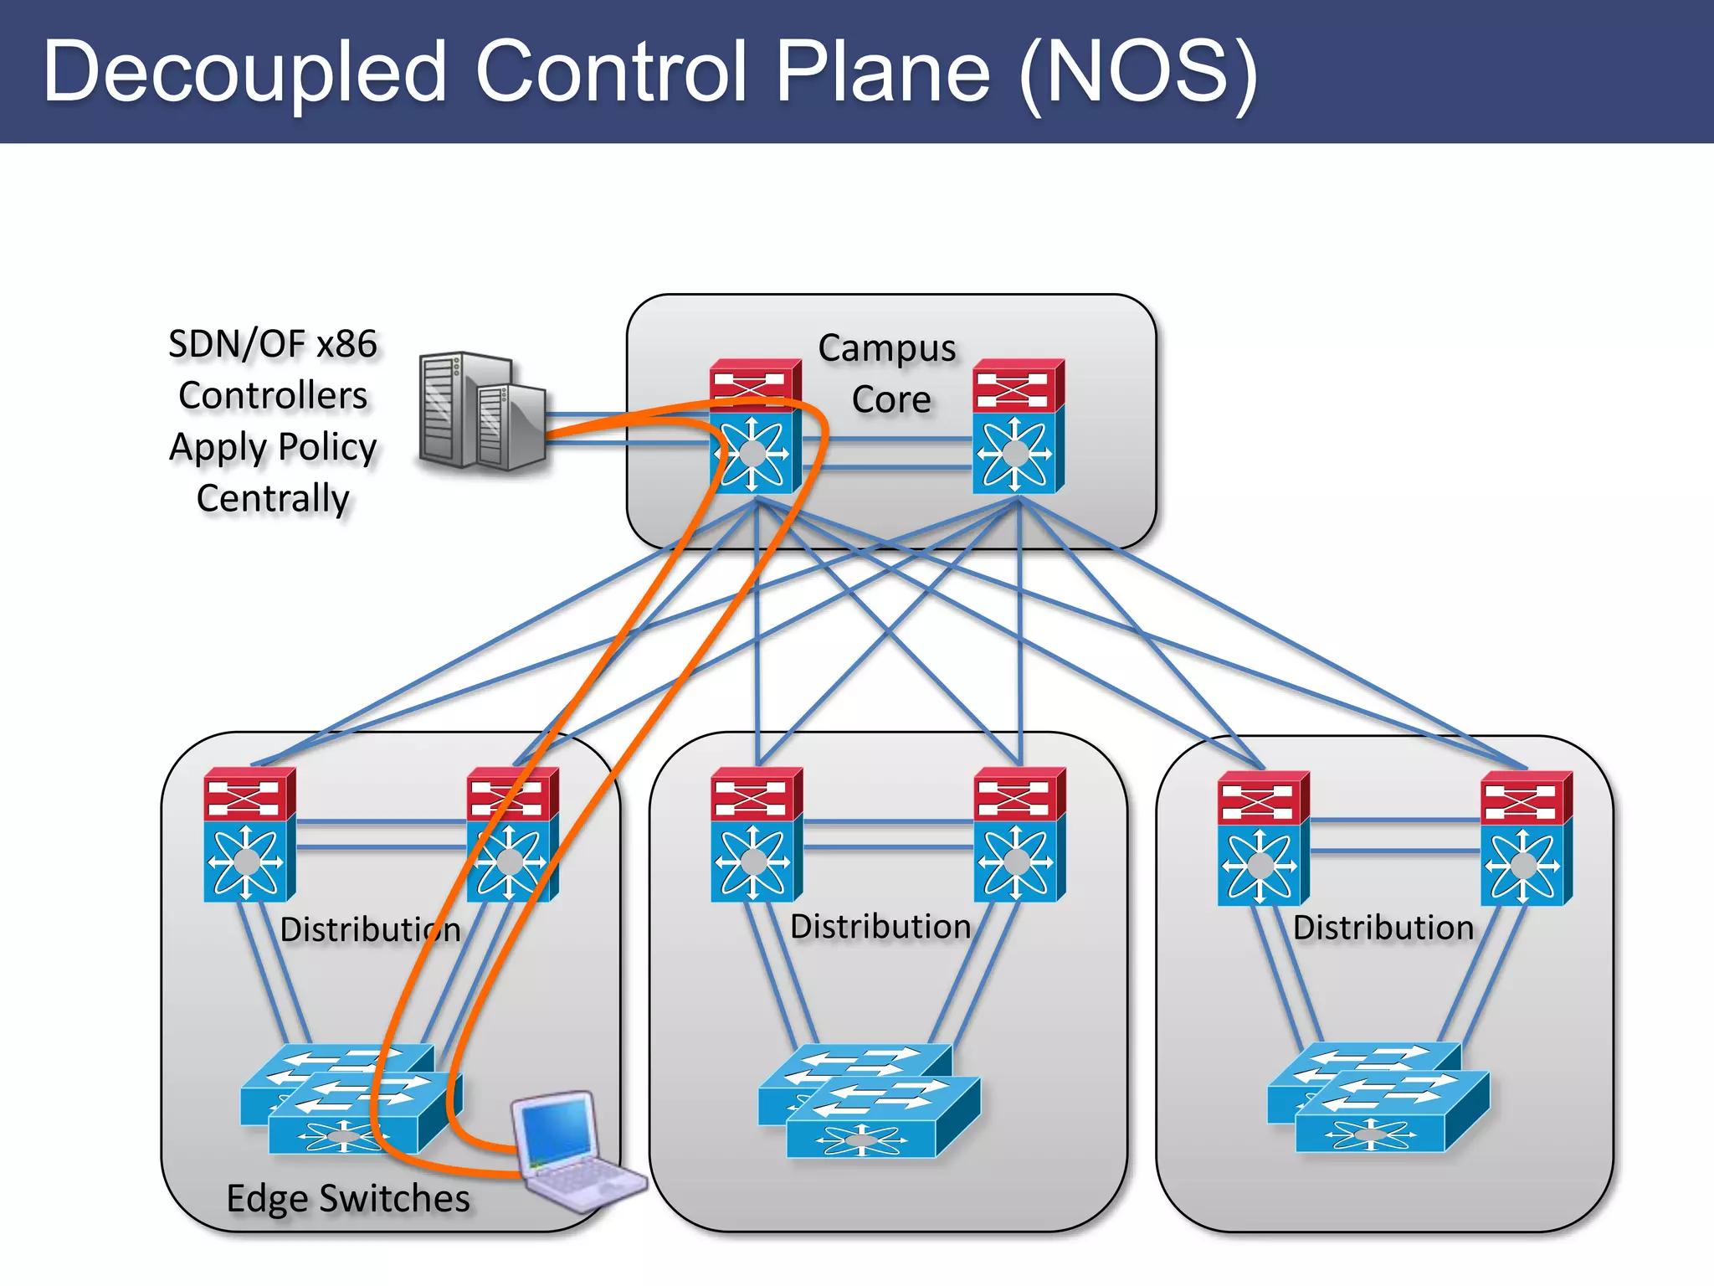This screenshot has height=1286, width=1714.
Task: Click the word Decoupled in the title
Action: click(x=244, y=74)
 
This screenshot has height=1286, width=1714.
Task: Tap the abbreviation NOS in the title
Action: click(x=1140, y=74)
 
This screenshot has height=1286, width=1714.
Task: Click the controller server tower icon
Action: click(x=480, y=410)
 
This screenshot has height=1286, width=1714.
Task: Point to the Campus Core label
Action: click(x=889, y=373)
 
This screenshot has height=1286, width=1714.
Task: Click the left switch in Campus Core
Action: click(x=755, y=427)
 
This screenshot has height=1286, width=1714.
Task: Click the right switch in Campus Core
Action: click(x=1018, y=427)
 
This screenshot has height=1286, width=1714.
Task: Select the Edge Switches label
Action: click(x=348, y=1199)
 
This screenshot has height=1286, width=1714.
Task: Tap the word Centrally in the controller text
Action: click(x=273, y=499)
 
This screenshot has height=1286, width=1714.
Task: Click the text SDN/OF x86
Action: click(x=273, y=344)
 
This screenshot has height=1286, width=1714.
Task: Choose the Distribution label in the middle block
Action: click(x=880, y=927)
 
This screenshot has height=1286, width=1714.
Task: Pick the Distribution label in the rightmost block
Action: click(x=1383, y=928)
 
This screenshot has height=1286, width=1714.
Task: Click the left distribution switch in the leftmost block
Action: click(x=249, y=835)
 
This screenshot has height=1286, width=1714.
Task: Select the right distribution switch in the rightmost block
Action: click(x=1526, y=839)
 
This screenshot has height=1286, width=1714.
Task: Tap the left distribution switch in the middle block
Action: click(x=756, y=835)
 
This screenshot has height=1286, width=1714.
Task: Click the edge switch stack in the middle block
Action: click(x=869, y=1101)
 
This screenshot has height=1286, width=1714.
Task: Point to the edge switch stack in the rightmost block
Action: click(x=1378, y=1098)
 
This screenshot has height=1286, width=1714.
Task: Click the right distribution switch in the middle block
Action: click(x=1019, y=835)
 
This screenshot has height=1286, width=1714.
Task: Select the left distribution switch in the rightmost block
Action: click(x=1263, y=839)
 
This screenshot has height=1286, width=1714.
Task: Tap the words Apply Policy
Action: click(x=273, y=448)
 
